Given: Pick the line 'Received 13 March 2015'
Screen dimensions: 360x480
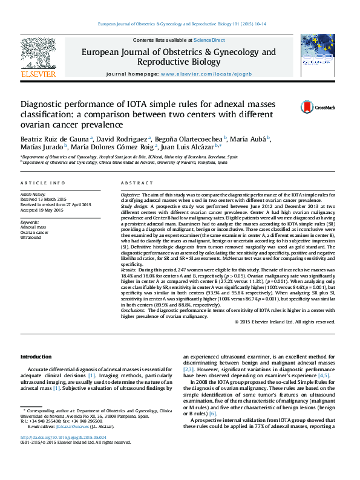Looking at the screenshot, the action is [44, 199].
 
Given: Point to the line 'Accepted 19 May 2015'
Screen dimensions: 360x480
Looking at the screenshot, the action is [42, 210].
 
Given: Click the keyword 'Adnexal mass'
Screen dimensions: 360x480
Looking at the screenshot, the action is [33, 227].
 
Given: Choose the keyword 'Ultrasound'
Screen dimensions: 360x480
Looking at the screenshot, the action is [31, 237].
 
